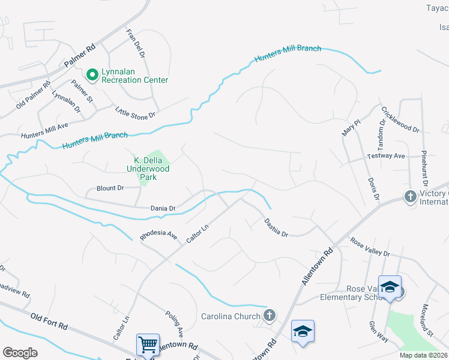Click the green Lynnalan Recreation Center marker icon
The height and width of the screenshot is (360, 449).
[x=92, y=75]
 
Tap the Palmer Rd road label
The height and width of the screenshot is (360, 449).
[x=80, y=55]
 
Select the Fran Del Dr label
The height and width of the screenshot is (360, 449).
[x=135, y=44]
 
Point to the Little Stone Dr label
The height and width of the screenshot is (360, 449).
[x=135, y=111]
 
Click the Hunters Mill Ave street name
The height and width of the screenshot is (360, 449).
[x=44, y=128]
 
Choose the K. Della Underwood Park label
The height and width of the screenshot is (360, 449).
[x=151, y=169]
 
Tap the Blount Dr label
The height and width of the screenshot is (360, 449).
[x=110, y=188]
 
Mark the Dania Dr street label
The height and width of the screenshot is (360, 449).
[x=163, y=208]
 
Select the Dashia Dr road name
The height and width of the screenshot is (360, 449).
[x=276, y=227]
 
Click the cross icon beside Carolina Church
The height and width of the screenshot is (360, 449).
[x=270, y=315]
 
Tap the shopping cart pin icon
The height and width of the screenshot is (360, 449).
[x=148, y=344]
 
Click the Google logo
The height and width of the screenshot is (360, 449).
[x=20, y=353]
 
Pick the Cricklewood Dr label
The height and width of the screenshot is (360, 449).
[x=400, y=119]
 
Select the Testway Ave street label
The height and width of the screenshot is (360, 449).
[x=386, y=156]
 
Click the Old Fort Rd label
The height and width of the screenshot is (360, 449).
[x=49, y=320]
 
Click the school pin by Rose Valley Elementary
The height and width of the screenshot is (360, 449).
[x=389, y=287]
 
